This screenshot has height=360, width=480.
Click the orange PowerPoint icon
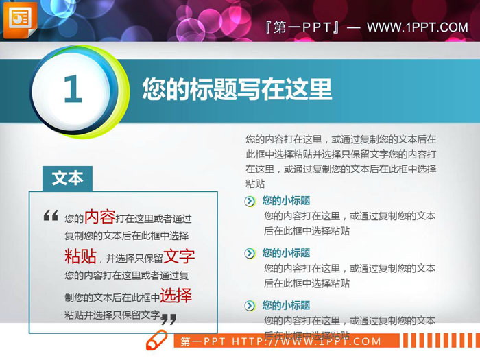(x=20, y=21)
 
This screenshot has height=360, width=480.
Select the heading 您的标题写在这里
(x=237, y=89)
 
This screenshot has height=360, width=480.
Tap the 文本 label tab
(x=67, y=178)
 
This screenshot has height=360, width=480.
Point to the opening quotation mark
(x=51, y=216)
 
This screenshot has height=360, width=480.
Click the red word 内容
(x=99, y=217)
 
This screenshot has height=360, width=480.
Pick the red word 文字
(x=180, y=256)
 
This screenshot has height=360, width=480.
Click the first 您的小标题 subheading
(x=286, y=201)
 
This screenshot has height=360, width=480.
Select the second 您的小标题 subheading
(x=286, y=253)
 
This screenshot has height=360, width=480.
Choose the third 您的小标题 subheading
(x=286, y=305)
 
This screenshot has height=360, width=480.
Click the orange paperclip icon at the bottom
(x=157, y=339)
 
